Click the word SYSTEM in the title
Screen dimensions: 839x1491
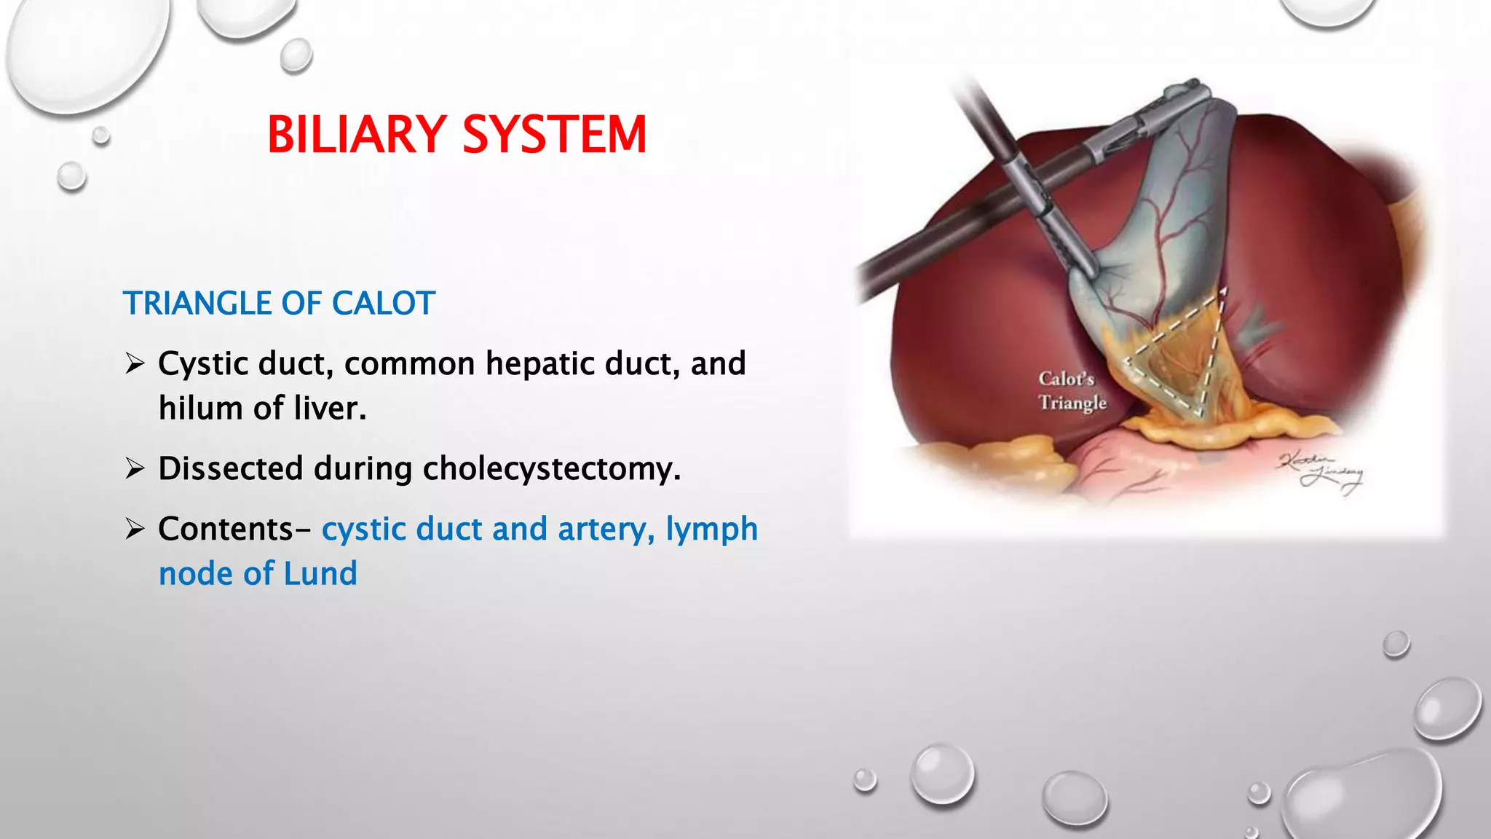tap(555, 135)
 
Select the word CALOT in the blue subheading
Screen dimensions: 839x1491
tap(384, 303)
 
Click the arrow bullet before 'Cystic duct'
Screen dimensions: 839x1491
tap(135, 363)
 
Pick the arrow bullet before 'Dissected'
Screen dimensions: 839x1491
tap(135, 468)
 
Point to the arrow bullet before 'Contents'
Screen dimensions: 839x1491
tap(135, 529)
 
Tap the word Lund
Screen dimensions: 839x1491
tap(320, 574)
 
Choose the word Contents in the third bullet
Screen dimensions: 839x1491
tap(226, 529)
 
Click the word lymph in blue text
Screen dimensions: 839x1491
tap(711, 529)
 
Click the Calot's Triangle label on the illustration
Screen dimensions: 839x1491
tap(1072, 390)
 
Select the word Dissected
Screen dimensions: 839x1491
tap(230, 468)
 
